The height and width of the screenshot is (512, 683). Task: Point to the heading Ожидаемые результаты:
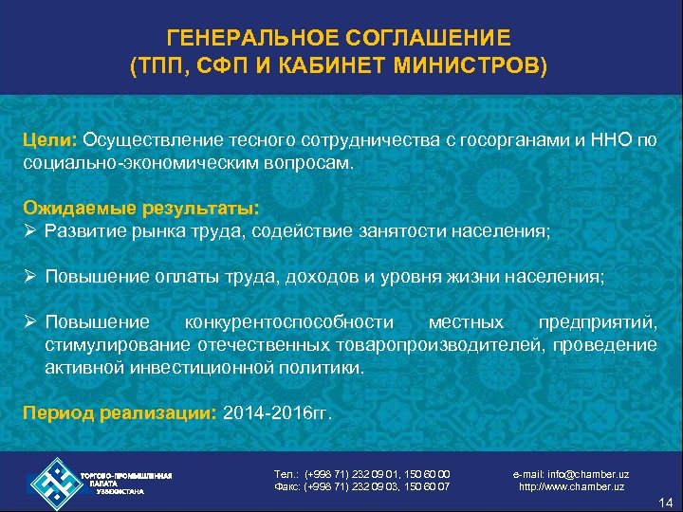coord(142,206)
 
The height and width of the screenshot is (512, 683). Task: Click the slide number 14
coord(665,502)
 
